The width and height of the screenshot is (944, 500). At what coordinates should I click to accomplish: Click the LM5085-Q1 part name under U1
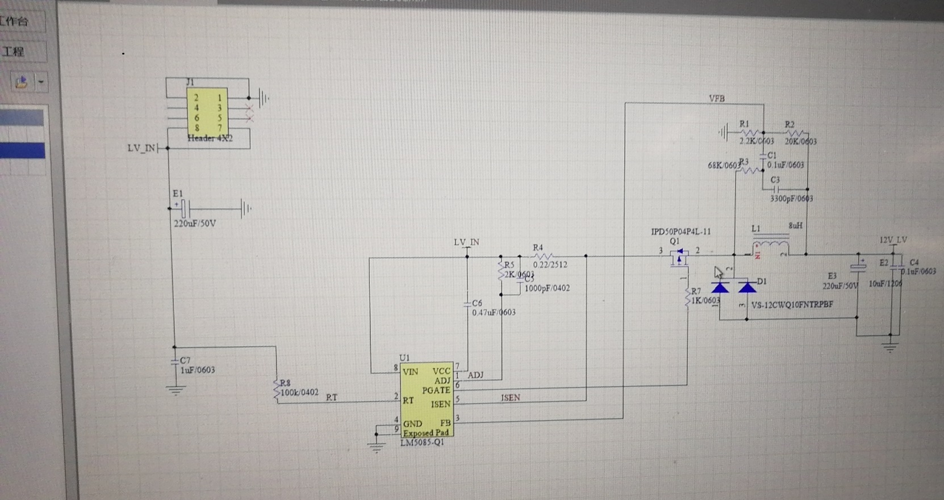click(x=422, y=442)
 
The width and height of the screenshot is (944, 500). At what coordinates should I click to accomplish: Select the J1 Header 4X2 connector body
click(x=207, y=111)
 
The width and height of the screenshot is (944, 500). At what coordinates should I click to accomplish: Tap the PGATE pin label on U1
click(x=436, y=390)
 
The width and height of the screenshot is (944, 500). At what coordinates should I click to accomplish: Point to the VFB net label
click(x=717, y=98)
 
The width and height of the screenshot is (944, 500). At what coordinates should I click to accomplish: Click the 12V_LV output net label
click(x=893, y=240)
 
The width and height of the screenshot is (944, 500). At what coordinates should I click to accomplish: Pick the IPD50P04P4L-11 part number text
click(x=680, y=232)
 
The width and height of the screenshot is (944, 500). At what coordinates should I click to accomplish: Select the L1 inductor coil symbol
click(x=770, y=249)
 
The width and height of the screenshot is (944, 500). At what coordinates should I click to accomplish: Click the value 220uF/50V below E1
click(x=195, y=224)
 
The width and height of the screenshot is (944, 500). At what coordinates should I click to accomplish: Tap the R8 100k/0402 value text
click(x=299, y=392)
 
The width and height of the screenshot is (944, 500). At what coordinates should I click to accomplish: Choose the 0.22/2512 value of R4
click(x=550, y=264)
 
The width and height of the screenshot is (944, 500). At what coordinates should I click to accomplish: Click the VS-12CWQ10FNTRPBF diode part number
click(x=792, y=305)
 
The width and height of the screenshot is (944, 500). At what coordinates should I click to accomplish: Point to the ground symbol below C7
click(x=176, y=391)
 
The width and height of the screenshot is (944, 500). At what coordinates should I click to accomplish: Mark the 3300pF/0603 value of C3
click(x=791, y=199)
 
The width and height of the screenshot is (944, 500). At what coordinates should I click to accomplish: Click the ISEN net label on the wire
click(x=510, y=397)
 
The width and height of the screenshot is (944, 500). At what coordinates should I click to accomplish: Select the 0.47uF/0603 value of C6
click(x=494, y=312)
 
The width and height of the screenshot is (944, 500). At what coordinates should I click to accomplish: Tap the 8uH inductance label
click(x=795, y=225)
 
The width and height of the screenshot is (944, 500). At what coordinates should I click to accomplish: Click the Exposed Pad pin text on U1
click(x=426, y=433)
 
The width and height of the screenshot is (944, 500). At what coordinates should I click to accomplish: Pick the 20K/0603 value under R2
click(x=800, y=141)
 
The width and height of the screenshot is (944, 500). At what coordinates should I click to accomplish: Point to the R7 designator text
click(x=696, y=291)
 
